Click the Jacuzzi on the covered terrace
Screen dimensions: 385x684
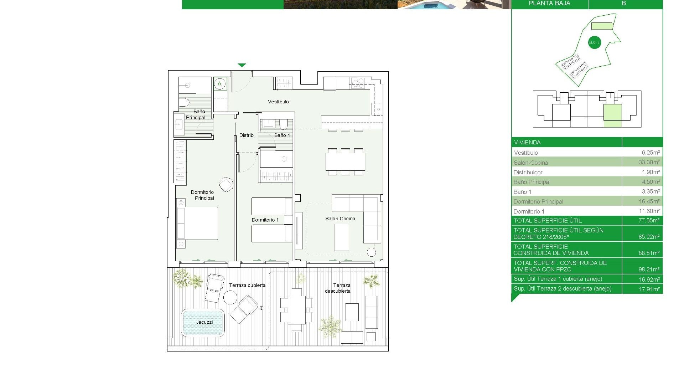(x=203, y=323)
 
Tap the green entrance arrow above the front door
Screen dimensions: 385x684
(x=242, y=65)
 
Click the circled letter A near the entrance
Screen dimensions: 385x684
(x=220, y=84)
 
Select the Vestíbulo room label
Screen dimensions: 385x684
(x=278, y=102)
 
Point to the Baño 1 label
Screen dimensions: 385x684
(x=282, y=135)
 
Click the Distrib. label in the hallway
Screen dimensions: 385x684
(x=247, y=135)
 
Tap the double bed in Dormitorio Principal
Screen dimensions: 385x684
(x=197, y=223)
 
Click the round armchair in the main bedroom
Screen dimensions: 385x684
(x=226, y=184)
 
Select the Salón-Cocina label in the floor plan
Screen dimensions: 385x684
(x=340, y=219)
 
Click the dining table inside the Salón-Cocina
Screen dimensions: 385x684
(x=345, y=161)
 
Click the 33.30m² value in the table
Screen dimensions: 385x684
(x=649, y=162)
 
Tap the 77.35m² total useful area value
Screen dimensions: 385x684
(x=649, y=220)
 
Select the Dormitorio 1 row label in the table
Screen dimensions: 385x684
(x=529, y=211)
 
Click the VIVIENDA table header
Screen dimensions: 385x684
(x=527, y=142)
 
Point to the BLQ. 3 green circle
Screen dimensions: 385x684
(x=594, y=43)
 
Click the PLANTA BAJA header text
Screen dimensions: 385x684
(x=549, y=4)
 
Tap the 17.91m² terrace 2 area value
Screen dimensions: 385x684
(x=649, y=289)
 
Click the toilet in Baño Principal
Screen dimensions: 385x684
(x=184, y=103)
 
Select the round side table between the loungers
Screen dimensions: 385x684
(x=230, y=297)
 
